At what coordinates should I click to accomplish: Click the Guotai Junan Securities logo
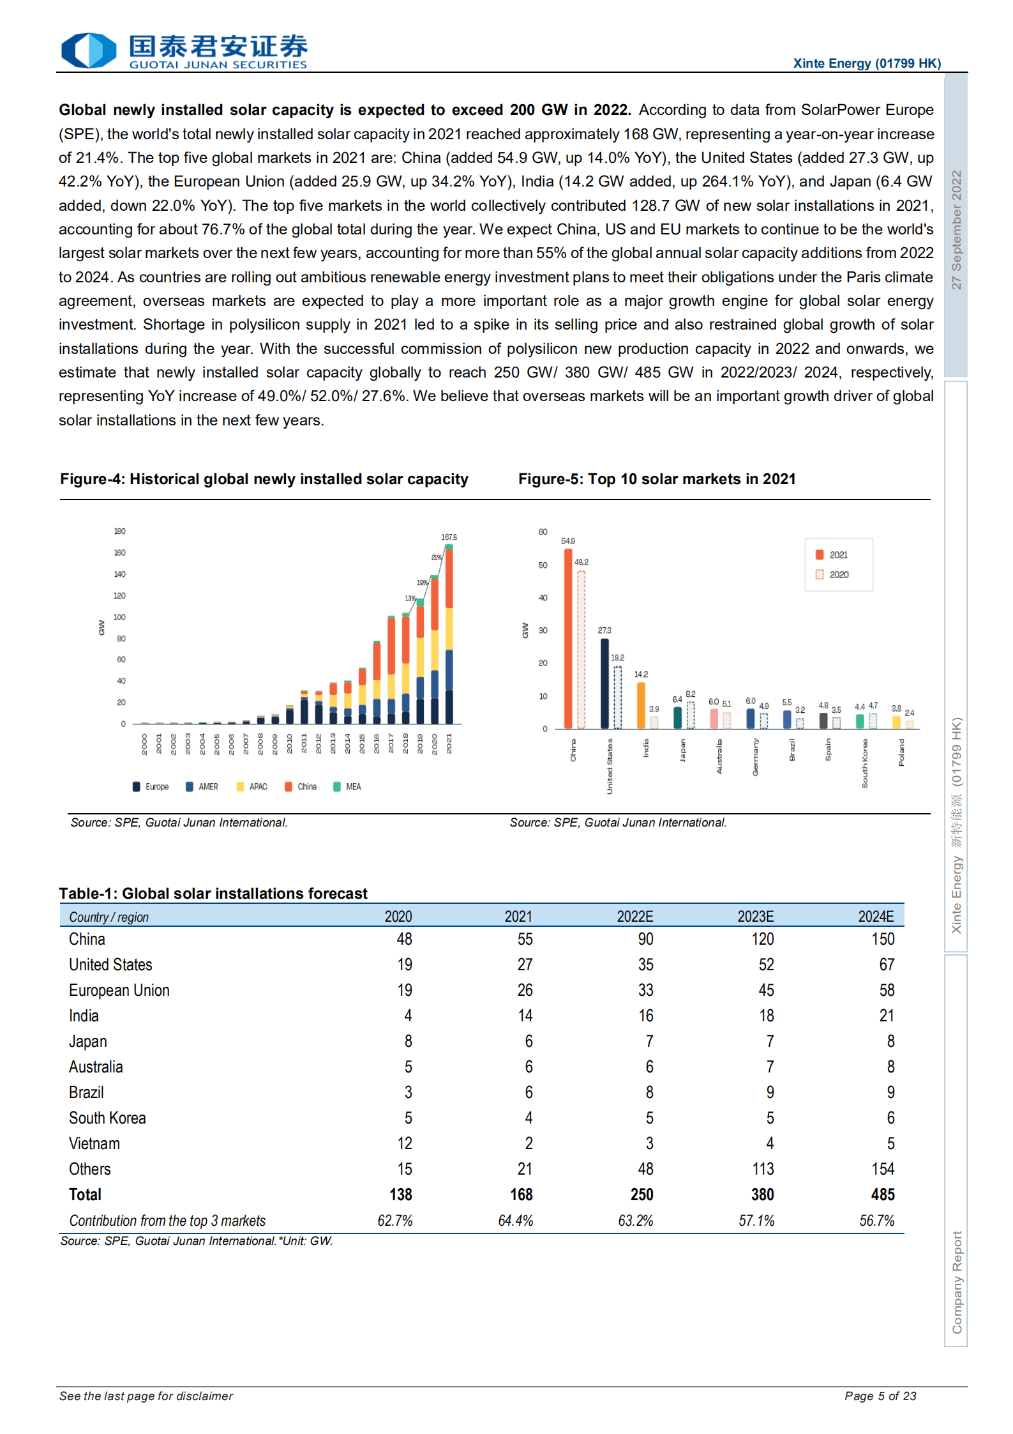(x=184, y=50)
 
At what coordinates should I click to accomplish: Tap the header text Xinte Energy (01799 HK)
(x=866, y=63)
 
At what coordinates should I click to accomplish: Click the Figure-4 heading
(x=264, y=480)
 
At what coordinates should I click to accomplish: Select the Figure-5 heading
(x=656, y=480)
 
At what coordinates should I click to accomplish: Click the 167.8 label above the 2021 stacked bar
(x=449, y=537)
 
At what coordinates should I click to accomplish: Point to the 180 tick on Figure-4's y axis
(x=119, y=531)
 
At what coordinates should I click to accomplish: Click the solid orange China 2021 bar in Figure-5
(x=567, y=639)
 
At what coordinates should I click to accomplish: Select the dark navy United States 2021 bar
(x=604, y=683)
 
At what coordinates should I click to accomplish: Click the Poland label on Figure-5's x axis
(x=901, y=752)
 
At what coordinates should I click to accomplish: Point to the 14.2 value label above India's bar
(x=641, y=675)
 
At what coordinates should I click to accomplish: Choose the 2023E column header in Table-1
(x=755, y=917)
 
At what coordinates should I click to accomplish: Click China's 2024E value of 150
(x=883, y=939)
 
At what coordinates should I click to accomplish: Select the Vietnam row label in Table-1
(x=94, y=1143)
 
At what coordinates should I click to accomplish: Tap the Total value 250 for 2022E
(x=642, y=1194)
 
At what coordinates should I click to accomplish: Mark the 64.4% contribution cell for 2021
(x=515, y=1221)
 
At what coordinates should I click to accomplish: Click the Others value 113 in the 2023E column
(x=763, y=1169)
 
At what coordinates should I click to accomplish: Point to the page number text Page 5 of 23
(x=880, y=1396)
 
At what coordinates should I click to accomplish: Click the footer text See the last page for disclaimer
(x=146, y=1396)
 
